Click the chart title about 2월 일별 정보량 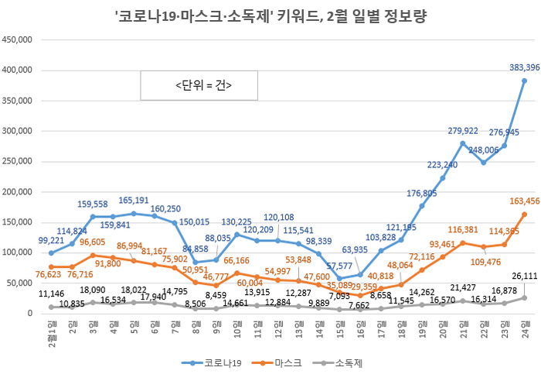tap(270, 15)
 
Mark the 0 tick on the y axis tap(28, 313)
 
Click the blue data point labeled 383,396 tap(524, 81)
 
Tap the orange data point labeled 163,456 tap(524, 214)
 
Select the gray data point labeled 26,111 tap(524, 297)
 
